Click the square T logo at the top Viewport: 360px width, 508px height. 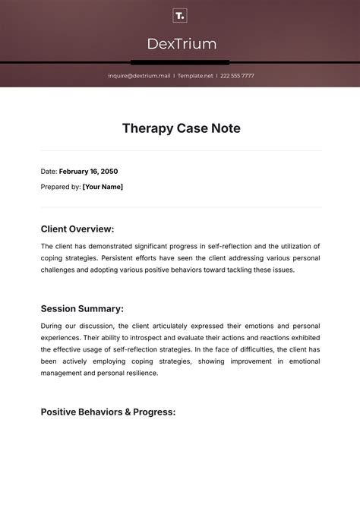point(180,16)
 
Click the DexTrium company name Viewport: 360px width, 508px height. point(180,43)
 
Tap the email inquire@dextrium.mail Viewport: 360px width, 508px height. point(139,76)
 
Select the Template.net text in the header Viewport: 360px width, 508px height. point(195,76)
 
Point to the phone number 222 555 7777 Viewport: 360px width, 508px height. point(238,76)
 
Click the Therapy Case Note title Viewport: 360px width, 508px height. point(181,128)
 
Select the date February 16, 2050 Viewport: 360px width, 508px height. point(88,172)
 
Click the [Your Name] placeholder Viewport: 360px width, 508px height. point(103,187)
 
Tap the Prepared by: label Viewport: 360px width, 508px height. point(60,187)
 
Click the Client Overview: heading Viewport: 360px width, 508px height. point(77,229)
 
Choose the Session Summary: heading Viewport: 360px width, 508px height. point(81,308)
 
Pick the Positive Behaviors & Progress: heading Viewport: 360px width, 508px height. point(108,412)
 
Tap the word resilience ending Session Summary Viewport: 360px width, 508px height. point(139,373)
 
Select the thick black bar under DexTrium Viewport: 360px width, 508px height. point(180,62)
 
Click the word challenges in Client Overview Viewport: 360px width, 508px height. point(58,270)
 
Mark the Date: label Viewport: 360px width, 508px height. point(49,172)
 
